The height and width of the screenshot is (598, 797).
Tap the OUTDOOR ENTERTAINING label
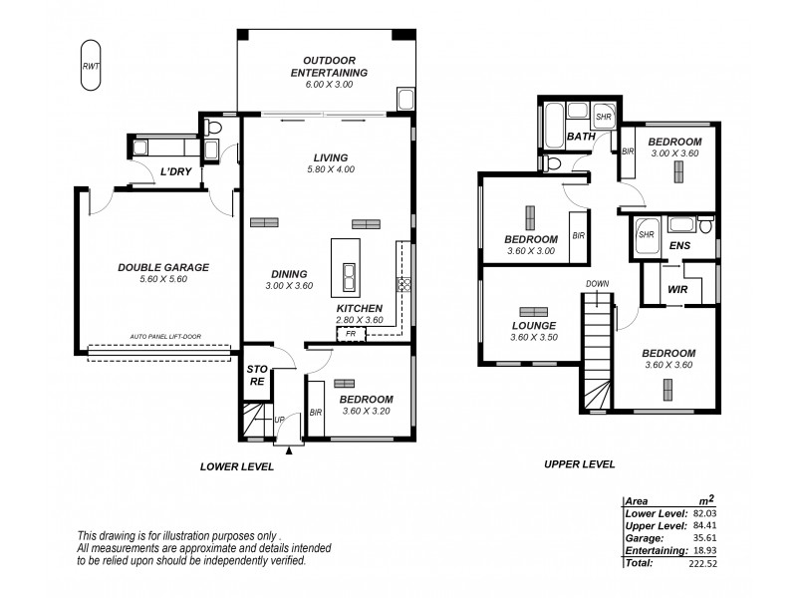[x=329, y=66]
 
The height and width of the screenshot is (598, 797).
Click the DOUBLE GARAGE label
[x=164, y=267]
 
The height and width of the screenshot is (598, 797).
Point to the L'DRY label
[x=175, y=172]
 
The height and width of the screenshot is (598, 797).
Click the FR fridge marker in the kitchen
[x=350, y=334]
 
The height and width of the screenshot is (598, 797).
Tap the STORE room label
[x=257, y=375]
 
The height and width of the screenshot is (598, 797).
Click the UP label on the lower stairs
[x=280, y=421]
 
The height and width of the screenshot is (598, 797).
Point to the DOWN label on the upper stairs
[x=597, y=284]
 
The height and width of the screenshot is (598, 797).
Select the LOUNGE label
[x=533, y=326]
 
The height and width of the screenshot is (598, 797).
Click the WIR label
[x=678, y=289]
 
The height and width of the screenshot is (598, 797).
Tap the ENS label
[x=679, y=244]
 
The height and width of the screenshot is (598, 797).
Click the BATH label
[x=581, y=137]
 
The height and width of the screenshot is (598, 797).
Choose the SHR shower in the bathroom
[x=604, y=117]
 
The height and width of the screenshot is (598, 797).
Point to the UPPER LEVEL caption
[x=579, y=463]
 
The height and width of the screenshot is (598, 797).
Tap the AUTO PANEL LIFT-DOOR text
[x=165, y=337]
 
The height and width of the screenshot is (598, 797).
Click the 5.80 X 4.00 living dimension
[x=330, y=169]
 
